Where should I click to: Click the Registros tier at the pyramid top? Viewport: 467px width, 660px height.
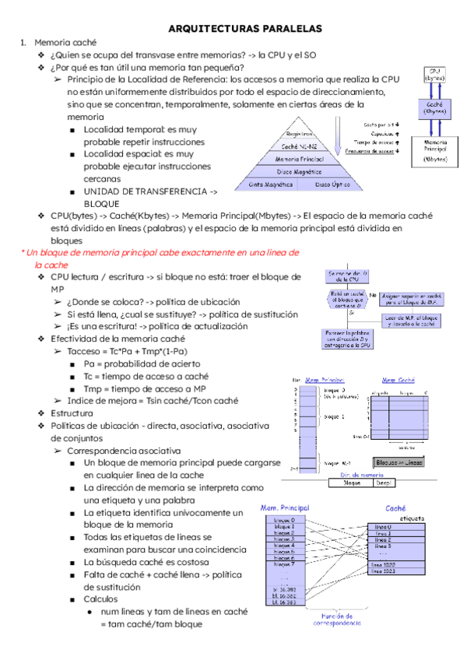[x=300, y=134]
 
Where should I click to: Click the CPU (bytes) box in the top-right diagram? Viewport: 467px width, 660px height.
[x=434, y=75]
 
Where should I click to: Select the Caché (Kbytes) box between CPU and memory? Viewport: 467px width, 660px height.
[x=434, y=107]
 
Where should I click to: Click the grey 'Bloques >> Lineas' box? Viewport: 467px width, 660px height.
[x=401, y=462]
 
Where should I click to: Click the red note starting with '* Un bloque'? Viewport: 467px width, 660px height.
[x=160, y=258]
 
